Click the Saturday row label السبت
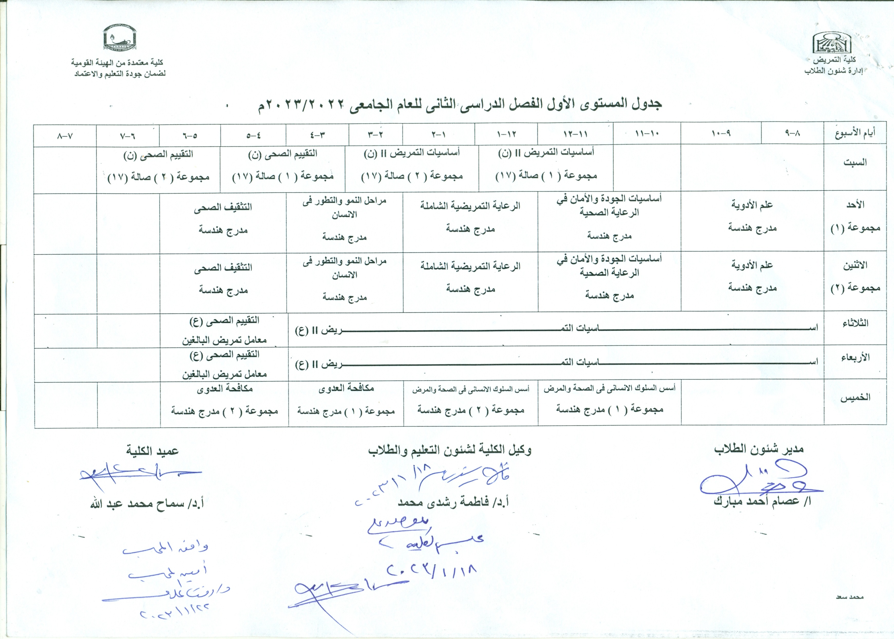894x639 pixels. pyautogui.click(x=855, y=162)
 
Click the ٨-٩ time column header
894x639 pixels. pyautogui.click(x=792, y=134)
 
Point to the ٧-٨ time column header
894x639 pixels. pyautogui.click(x=65, y=136)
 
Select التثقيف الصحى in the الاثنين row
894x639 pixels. pyautogui.click(x=223, y=268)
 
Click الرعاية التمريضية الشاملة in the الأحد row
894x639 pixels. pyautogui.click(x=470, y=206)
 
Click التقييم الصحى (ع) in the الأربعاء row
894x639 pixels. pyautogui.click(x=224, y=355)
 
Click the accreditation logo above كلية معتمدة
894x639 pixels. pyautogui.click(x=120, y=39)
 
